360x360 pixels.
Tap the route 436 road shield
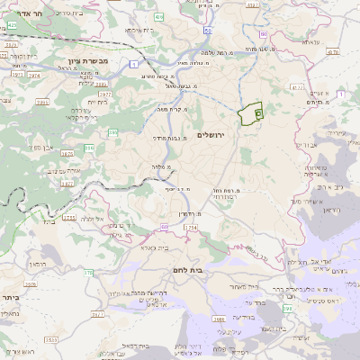158,17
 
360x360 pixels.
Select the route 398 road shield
287,309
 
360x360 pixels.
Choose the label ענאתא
310,42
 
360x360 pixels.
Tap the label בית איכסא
147,30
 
